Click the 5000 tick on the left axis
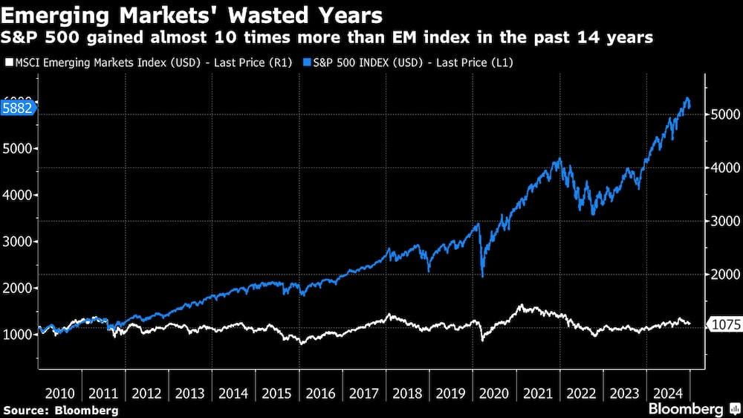pos(18,149)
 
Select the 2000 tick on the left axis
pos(18,288)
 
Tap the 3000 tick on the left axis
pos(18,242)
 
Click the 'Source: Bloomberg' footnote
pos(60,410)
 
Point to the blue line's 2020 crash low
pos(483,277)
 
